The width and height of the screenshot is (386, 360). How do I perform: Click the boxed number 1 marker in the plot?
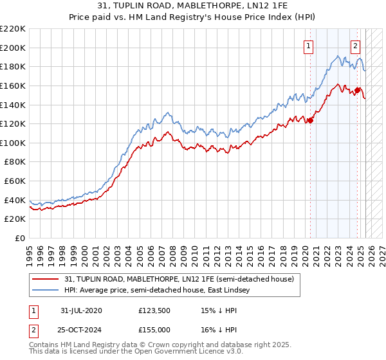coord(309,46)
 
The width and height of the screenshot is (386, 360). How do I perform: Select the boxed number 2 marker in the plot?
coord(355,46)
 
